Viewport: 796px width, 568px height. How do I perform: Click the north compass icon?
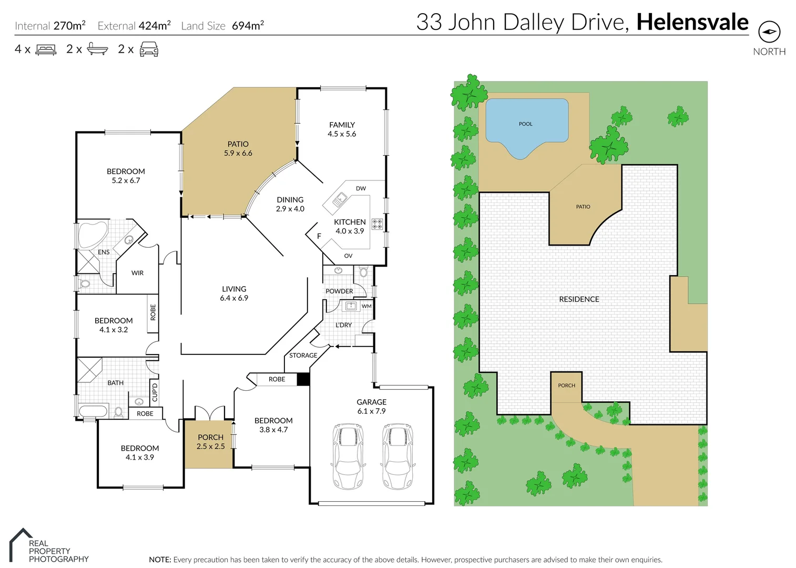click(x=769, y=32)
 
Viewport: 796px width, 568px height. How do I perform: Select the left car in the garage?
click(x=347, y=457)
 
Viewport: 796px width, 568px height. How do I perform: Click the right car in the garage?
click(x=396, y=457)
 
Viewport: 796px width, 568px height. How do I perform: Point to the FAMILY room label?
click(x=342, y=129)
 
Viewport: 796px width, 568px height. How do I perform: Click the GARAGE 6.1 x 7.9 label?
click(x=371, y=407)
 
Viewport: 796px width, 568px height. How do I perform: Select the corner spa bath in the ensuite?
click(x=92, y=235)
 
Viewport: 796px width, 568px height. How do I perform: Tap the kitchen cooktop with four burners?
click(x=377, y=224)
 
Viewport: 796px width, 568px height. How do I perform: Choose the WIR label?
click(x=137, y=273)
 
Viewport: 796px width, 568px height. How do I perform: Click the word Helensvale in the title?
click(x=692, y=22)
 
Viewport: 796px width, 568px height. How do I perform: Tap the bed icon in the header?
click(x=46, y=50)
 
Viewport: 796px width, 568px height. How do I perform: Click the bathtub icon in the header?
click(x=97, y=49)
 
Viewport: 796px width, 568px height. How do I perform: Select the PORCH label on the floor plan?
click(x=210, y=442)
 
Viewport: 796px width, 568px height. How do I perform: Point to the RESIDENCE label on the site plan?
click(x=579, y=299)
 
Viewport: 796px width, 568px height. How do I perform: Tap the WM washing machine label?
click(x=366, y=306)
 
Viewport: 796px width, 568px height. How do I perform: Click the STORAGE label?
click(x=303, y=356)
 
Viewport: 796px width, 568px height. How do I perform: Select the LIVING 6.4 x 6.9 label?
click(x=234, y=293)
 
